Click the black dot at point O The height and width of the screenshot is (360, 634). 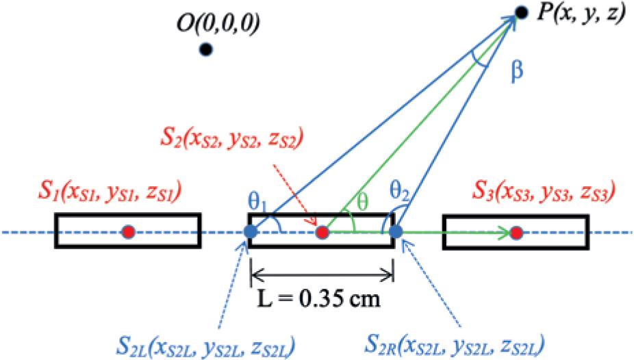point(205,49)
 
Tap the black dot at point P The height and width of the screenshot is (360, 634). point(521,12)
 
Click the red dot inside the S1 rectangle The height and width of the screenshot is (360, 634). point(128,233)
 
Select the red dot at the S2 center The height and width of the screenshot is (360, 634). point(323,233)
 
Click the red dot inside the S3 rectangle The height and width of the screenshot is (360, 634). point(517,233)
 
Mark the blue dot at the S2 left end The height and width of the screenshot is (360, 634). point(251,233)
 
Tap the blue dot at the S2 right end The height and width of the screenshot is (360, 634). point(396,233)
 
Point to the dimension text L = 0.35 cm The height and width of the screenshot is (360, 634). point(322,299)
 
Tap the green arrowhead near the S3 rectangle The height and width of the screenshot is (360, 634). point(506,233)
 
